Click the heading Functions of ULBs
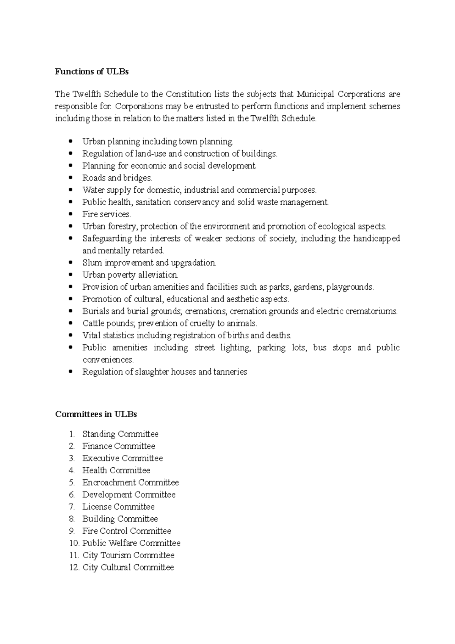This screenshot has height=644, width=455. tap(92, 72)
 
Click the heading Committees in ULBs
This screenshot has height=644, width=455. tap(96, 414)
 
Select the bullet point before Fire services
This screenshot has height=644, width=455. tap(71, 214)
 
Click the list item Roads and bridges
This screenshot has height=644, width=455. tap(117, 178)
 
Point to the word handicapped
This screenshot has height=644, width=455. tap(377, 239)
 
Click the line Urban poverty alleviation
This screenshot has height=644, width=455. tap(130, 275)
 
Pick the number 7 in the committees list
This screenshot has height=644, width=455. tap(72, 507)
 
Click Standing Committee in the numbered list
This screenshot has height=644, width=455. tap(120, 434)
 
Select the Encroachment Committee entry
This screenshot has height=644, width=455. tap(130, 483)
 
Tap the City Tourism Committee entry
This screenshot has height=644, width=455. tap(128, 556)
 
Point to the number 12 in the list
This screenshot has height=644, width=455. tap(74, 568)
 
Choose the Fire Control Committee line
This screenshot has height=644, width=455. tap(127, 531)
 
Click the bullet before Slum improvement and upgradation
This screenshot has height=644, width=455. tap(71, 263)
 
